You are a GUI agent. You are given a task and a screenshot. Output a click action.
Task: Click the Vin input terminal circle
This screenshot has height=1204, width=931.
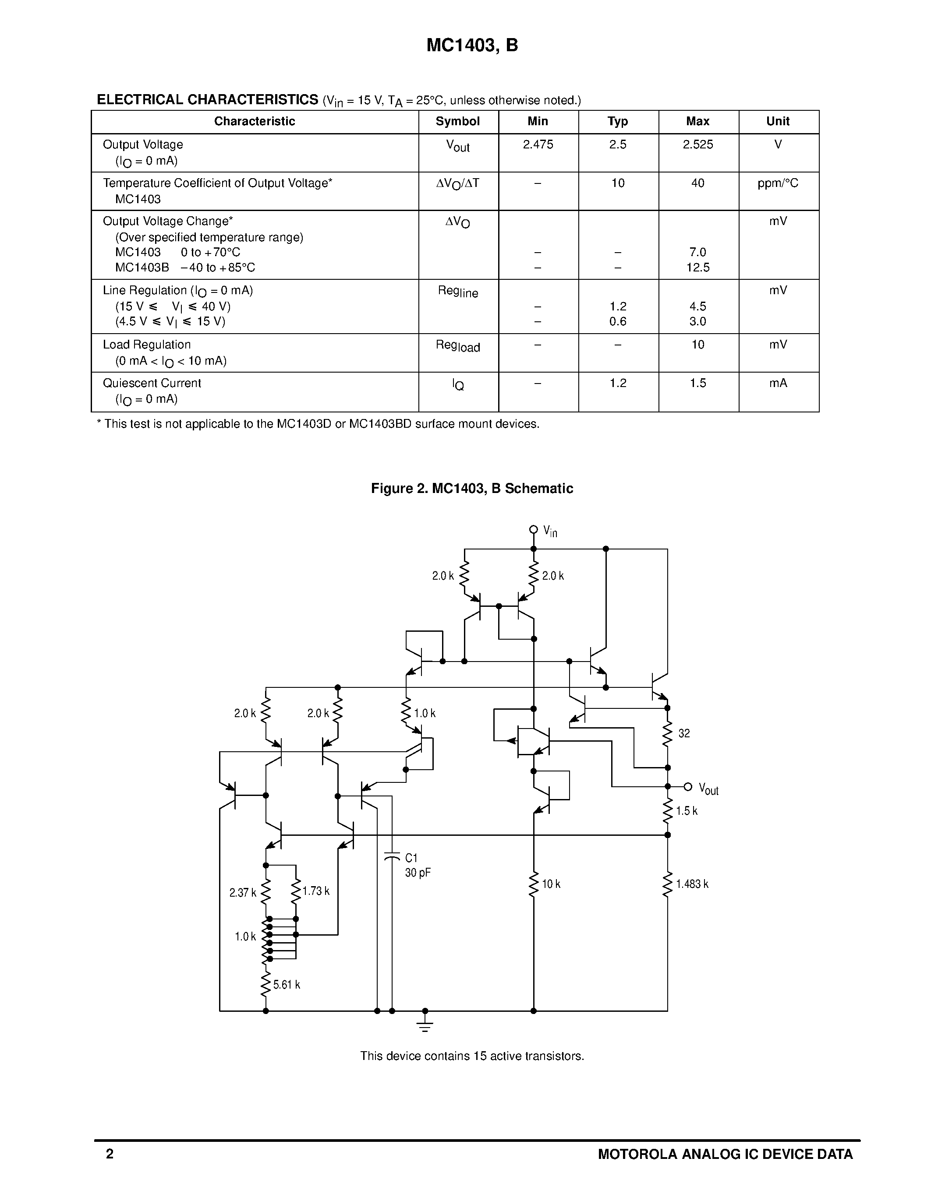click(533, 530)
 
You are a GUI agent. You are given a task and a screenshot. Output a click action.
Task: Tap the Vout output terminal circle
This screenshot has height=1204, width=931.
click(688, 787)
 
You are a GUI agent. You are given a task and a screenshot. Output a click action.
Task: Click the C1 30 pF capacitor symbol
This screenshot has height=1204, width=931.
click(392, 857)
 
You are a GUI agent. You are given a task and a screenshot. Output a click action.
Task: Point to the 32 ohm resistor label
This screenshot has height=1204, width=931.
click(684, 734)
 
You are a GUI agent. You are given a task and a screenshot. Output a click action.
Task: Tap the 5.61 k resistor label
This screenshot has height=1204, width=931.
click(286, 985)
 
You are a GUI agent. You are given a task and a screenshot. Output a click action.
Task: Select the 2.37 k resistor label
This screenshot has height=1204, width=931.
click(243, 893)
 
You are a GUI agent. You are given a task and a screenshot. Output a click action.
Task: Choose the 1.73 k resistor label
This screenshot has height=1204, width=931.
click(316, 891)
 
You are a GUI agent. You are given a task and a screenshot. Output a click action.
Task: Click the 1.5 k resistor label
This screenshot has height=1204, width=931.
click(687, 811)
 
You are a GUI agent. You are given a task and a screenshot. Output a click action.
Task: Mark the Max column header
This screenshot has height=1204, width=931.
click(697, 121)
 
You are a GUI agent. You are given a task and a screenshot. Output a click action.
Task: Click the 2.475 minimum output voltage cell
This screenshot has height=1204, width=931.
click(538, 144)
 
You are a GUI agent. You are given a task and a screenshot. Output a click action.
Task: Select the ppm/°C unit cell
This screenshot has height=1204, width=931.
click(778, 183)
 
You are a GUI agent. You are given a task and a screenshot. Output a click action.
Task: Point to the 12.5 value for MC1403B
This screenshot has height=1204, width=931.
click(697, 268)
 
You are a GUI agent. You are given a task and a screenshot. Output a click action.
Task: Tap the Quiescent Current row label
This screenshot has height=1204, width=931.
click(152, 383)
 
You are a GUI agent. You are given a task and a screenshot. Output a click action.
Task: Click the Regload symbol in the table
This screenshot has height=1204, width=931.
click(458, 345)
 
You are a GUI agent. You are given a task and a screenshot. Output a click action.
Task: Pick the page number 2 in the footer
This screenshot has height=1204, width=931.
click(110, 1154)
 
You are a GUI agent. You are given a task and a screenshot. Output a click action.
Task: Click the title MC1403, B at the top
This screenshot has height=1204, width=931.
click(472, 45)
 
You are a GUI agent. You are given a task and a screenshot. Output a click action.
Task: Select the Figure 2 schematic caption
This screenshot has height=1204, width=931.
click(472, 489)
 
